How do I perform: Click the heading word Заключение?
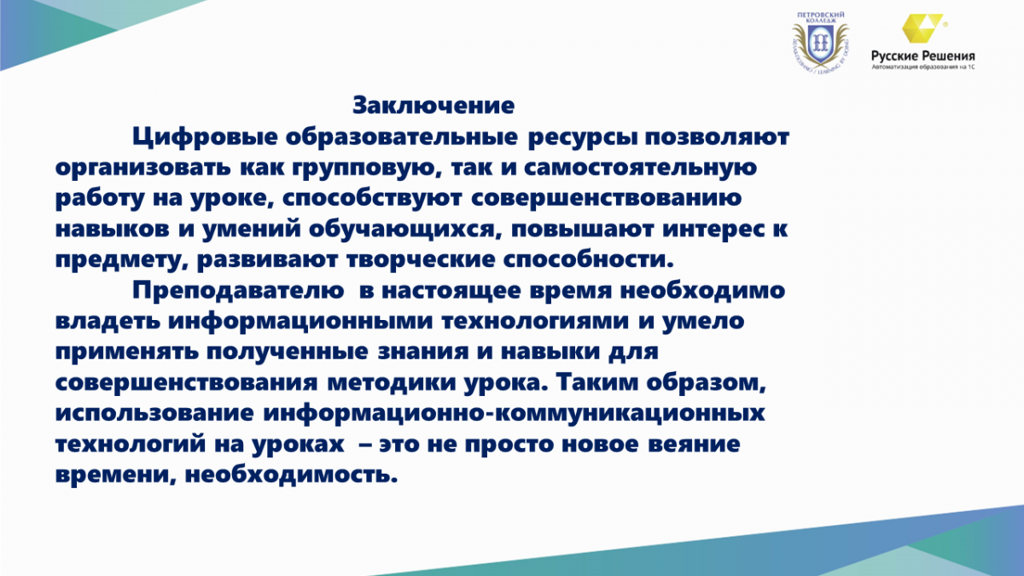point(433,105)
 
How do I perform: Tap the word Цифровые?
point(205,137)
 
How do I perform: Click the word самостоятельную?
point(640,168)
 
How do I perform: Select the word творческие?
point(421,260)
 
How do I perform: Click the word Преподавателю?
point(238,291)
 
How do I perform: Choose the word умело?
point(703,322)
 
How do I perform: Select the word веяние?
point(694,445)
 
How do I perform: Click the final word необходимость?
point(291,474)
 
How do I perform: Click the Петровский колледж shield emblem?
point(821,44)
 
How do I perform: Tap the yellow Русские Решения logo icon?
point(922,28)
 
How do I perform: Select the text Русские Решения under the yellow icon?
point(923,55)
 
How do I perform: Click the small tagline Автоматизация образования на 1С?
point(923,67)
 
